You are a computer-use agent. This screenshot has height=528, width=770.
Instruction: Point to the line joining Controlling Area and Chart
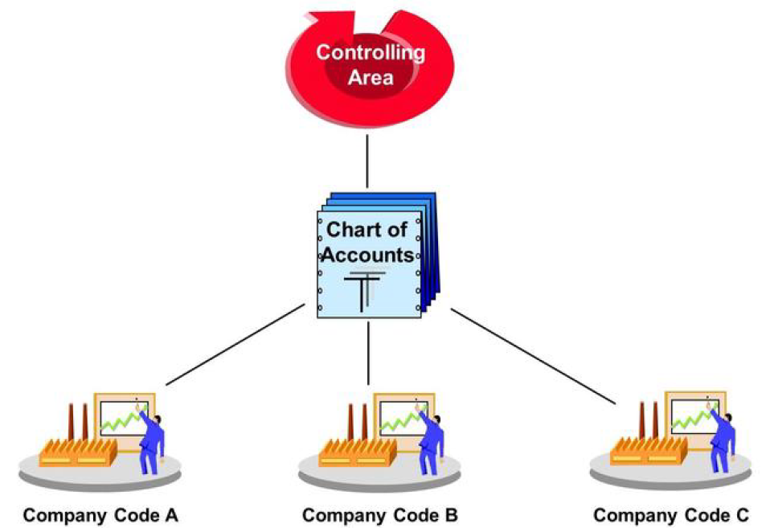point(367,161)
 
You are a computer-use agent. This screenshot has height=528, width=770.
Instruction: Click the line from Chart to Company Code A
point(236,343)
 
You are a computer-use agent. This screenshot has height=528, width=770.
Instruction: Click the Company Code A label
point(100,515)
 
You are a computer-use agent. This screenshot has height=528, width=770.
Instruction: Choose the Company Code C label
point(670,515)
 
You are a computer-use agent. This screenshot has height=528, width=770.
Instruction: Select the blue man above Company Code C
point(724,440)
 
